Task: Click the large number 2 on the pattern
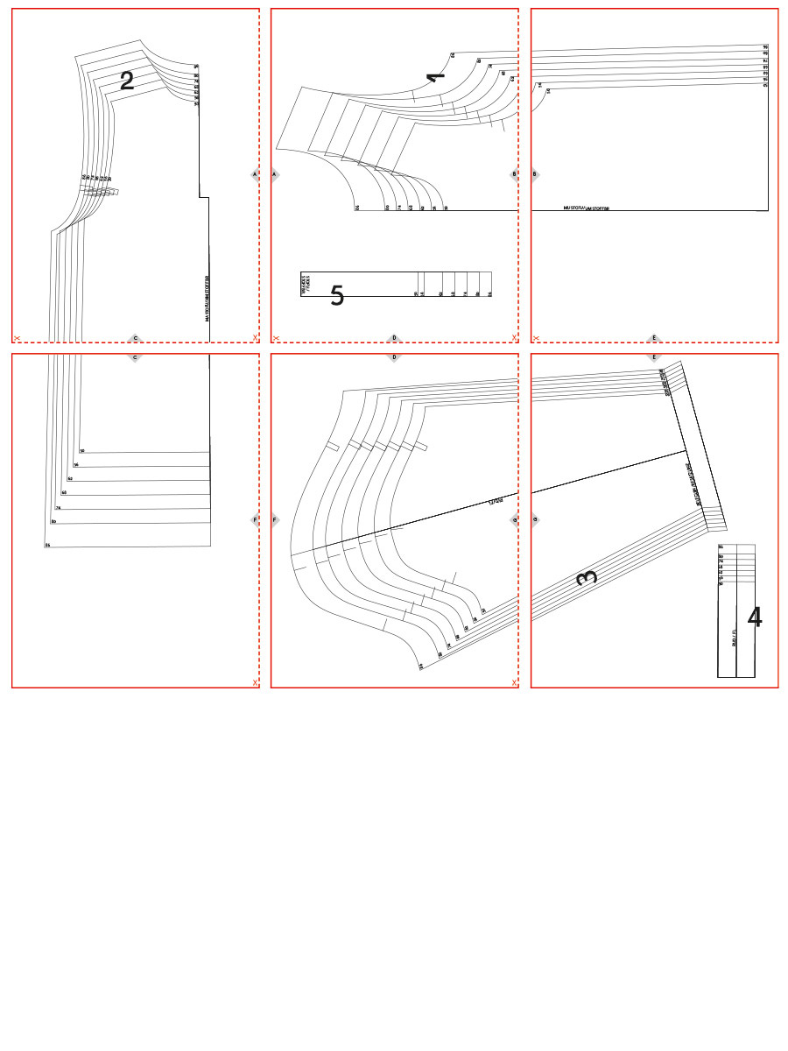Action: coord(127,81)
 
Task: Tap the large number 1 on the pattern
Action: coord(435,77)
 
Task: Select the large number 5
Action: coord(336,296)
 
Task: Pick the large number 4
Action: coord(754,617)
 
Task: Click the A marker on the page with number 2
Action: coord(255,174)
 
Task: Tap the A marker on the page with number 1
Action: coord(275,174)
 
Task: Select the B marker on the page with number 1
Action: coord(515,174)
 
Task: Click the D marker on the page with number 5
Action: coord(394,337)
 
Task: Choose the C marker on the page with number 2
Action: coord(135,337)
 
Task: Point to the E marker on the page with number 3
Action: coord(653,357)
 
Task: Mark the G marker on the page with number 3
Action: coord(535,519)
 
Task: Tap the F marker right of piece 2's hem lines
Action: coord(255,519)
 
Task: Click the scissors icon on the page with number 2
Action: coord(17,337)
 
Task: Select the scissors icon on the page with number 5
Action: coord(276,337)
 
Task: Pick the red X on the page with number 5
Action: coord(514,337)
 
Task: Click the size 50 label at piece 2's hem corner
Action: coord(82,451)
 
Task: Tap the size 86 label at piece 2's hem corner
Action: coord(47,545)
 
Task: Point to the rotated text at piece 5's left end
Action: coord(306,283)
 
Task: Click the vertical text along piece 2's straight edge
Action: coord(208,299)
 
